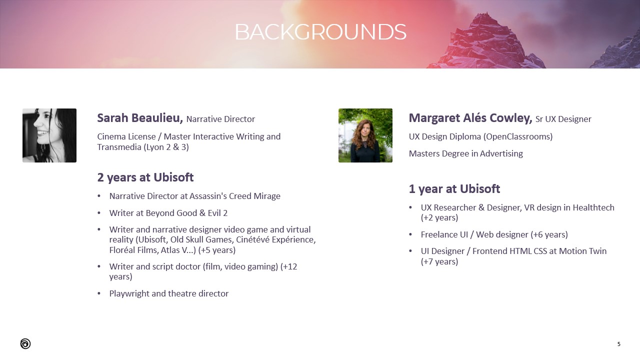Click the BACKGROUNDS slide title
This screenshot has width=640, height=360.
pos(320,32)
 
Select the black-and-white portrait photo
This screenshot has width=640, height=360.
pos(49,135)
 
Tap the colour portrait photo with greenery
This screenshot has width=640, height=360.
pos(365,135)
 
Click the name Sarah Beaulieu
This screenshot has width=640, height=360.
pos(140,118)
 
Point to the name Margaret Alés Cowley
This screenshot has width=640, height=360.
pos(470,118)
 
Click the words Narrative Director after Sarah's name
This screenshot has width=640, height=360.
pos(220,119)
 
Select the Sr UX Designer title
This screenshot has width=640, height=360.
pos(563,119)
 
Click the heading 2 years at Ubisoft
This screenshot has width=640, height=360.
pos(145,177)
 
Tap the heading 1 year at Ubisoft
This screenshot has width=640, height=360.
pos(454,189)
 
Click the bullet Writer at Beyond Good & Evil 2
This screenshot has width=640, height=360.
pos(168,213)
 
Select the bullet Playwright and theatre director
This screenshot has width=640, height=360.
pos(169,293)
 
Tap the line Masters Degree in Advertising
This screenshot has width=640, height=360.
pos(465,153)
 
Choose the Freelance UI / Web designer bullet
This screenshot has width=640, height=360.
pos(494,234)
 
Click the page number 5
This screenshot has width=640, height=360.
pos(619,344)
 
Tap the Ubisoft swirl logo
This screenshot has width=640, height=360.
pos(25,343)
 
